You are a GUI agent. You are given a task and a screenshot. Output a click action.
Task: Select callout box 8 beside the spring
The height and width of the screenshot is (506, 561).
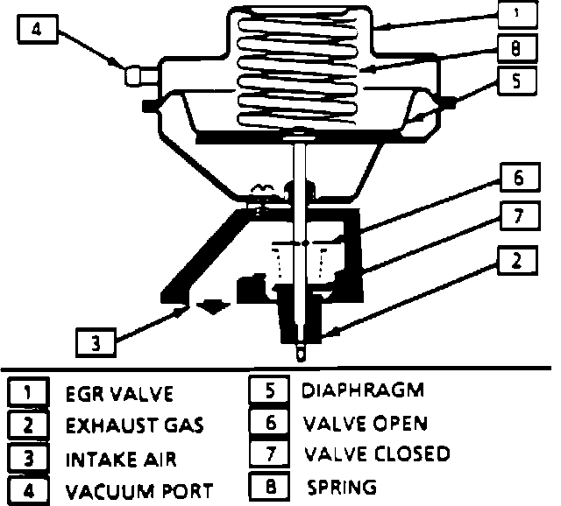pos(516,48)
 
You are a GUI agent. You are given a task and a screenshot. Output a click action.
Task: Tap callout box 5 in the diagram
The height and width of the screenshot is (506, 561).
pos(516,81)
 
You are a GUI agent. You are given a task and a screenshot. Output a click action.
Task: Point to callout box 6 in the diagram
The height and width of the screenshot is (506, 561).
pos(519,179)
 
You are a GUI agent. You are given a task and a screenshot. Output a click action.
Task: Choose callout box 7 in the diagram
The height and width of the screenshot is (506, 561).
pos(519,214)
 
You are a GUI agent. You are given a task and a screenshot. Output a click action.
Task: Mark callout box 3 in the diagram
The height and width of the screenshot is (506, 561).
pos(96,342)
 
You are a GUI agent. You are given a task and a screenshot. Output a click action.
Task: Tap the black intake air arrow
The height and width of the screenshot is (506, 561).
pos(214,306)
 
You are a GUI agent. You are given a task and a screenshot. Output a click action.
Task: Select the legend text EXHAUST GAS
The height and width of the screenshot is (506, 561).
pos(135,426)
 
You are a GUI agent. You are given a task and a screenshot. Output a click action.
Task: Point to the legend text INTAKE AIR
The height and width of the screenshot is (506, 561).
pos(121,459)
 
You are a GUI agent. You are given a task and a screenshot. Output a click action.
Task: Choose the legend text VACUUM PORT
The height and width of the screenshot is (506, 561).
pos(139,491)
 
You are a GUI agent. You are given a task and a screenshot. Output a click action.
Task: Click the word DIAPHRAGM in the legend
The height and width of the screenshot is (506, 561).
pos(362,390)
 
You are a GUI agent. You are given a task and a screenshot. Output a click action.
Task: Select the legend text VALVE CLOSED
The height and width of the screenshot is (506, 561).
pos(377,453)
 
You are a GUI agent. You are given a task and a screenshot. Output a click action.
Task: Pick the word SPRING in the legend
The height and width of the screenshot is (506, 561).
pos(342,487)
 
